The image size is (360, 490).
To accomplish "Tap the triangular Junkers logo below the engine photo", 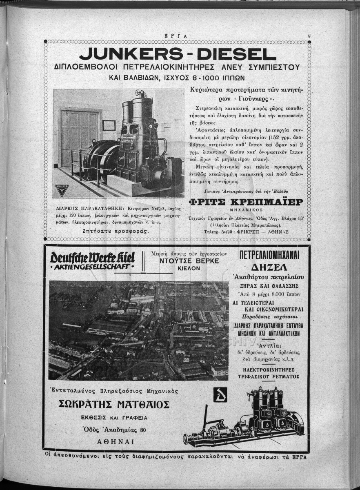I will [62, 189].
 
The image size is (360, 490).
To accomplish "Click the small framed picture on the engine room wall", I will [109, 125].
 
